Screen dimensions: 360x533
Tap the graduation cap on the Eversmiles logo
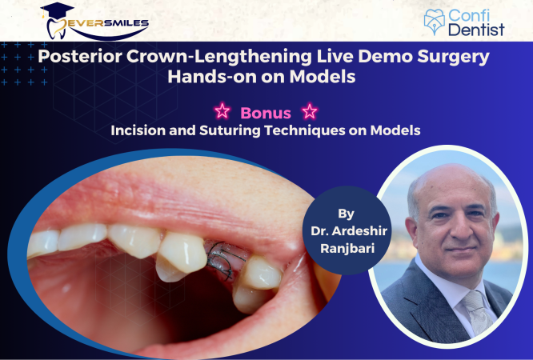pyautogui.click(x=58, y=11)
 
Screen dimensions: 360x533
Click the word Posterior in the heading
pyautogui.click(x=85, y=58)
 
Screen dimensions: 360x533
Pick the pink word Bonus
pyautogui.click(x=265, y=113)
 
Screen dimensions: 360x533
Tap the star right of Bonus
pyautogui.click(x=308, y=112)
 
